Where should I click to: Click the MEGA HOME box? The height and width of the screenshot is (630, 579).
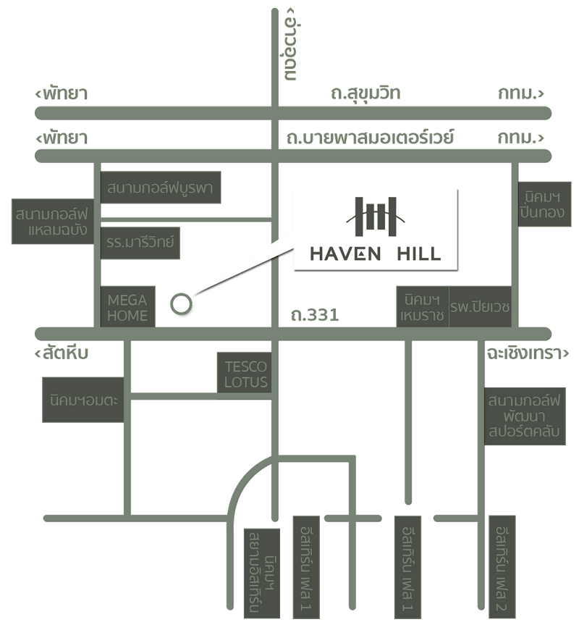[x=127, y=307]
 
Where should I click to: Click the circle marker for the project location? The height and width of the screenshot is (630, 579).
[x=181, y=303]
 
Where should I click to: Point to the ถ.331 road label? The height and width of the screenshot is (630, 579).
[x=315, y=315]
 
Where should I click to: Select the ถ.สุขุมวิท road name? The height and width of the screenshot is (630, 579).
[x=365, y=93]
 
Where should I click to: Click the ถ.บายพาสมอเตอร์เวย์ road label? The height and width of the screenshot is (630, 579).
[x=370, y=138]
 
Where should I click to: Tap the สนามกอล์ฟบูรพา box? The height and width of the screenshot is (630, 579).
[x=160, y=188]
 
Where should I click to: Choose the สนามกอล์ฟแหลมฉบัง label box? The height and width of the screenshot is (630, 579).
[x=53, y=222]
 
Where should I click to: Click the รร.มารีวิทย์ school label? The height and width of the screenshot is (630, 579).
[x=140, y=243]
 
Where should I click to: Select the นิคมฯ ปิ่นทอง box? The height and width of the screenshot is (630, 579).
[x=544, y=204]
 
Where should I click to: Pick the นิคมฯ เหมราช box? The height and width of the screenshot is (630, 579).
[x=423, y=307]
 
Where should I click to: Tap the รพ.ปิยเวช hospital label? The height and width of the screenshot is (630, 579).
[x=481, y=307]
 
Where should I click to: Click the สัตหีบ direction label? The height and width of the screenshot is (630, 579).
[x=62, y=353]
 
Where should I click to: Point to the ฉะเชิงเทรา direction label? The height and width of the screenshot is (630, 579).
[x=528, y=353]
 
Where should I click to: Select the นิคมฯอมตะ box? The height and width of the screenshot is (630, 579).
[x=83, y=400]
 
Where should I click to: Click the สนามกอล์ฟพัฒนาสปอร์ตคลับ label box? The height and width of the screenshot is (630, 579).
[x=525, y=416]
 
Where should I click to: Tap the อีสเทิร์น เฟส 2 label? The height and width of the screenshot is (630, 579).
[x=502, y=567]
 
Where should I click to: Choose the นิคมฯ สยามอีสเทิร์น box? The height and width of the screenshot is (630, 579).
[x=262, y=574]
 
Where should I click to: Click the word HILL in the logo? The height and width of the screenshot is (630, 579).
[x=419, y=254]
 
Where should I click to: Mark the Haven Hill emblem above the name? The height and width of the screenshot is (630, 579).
[x=376, y=217]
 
